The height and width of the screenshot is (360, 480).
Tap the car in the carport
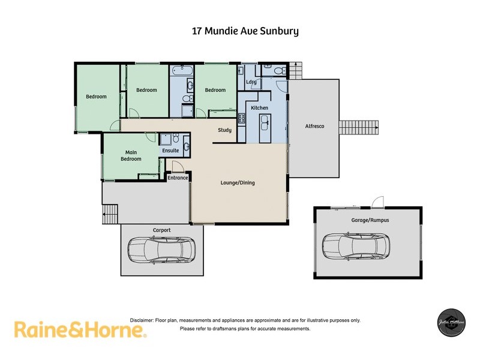click(161, 250)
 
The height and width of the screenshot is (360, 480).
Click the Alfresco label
click(314, 126)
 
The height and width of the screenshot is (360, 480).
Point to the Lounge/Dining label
click(238, 183)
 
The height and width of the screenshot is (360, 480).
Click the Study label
click(224, 130)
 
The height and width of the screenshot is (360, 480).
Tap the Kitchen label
click(259, 108)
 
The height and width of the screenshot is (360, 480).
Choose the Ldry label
click(251, 82)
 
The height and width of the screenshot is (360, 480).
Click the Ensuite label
click(170, 151)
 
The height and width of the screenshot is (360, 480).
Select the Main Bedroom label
click(131, 155)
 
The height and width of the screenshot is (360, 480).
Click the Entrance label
click(178, 178)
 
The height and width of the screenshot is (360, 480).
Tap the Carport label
click(161, 230)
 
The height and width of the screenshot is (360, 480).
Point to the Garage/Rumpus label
click(370, 220)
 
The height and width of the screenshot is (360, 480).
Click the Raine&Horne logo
click(79, 330)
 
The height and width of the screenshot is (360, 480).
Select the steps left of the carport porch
click(110, 213)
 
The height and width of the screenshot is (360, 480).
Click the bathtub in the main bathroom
click(181, 71)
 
